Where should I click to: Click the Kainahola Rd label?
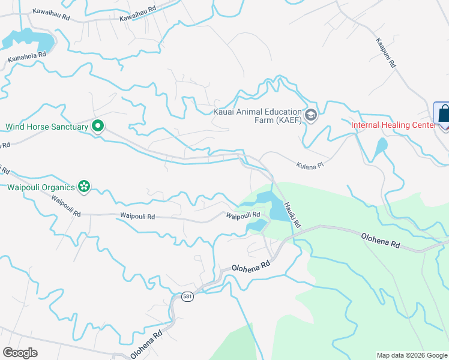point(27,57)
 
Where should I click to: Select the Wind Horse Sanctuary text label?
point(47,127)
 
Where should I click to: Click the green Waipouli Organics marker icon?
point(84,187)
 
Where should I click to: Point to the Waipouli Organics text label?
point(41,187)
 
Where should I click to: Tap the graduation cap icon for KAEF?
point(310,115)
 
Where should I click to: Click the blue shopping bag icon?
point(442,114)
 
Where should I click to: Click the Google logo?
point(20,353)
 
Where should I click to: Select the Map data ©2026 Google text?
point(412,355)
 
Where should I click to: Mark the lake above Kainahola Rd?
point(30,40)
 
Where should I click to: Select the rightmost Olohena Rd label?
point(381,242)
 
